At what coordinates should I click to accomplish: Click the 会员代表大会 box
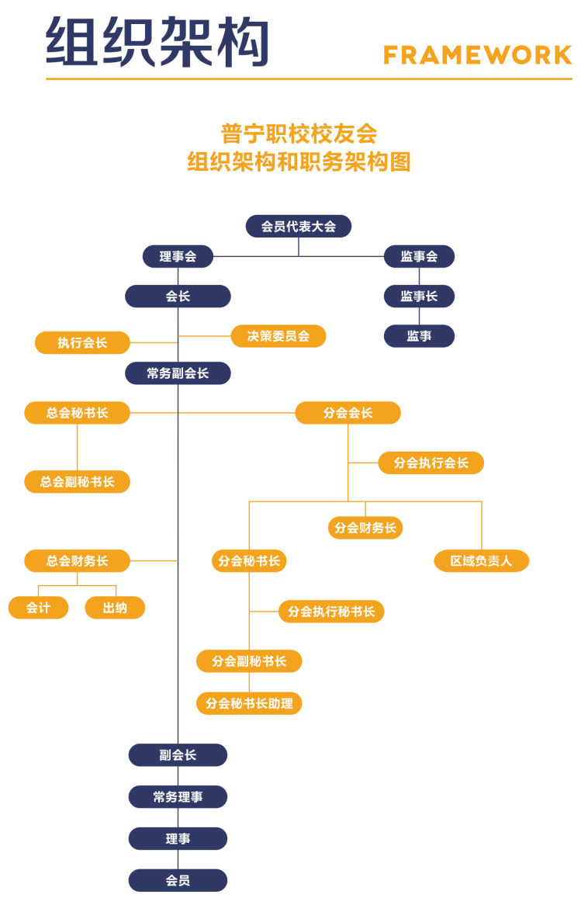299,227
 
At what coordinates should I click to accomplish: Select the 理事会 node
178,256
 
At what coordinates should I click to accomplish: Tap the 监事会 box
419,256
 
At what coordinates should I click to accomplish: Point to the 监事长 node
419,296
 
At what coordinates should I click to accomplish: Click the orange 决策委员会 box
278,336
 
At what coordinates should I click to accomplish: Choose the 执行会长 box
82,342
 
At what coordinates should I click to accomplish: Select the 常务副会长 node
178,373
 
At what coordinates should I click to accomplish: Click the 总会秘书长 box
77,413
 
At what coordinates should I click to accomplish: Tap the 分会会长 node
348,413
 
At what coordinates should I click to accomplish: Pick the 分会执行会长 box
431,463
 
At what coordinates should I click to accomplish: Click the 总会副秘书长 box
77,482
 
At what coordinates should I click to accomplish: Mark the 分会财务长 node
365,528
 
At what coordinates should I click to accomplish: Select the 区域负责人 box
481,560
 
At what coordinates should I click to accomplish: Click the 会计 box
38,608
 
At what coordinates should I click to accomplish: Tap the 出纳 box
115,608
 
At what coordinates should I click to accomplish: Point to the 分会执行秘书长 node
331,612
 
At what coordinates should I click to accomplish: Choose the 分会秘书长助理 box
249,703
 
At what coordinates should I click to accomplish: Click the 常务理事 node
178,797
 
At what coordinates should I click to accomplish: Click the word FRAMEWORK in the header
477,55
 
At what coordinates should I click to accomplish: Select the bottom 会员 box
178,881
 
